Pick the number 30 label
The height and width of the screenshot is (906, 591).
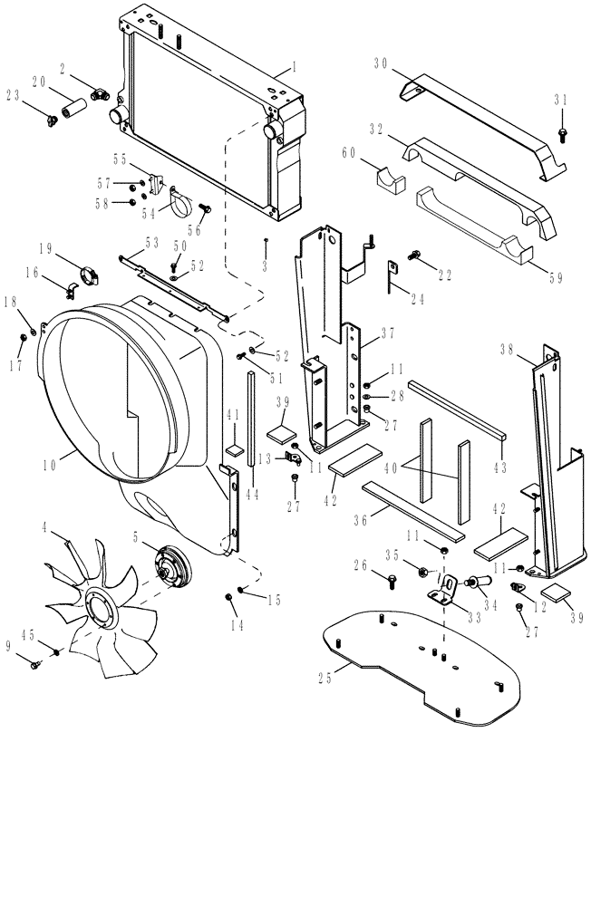(381, 63)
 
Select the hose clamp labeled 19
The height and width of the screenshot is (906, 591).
(91, 271)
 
